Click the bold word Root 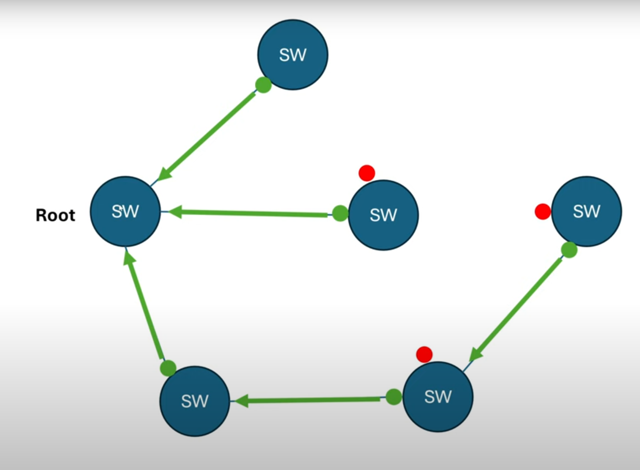[x=55, y=215]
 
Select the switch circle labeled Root [x=125, y=211]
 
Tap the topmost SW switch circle [x=292, y=55]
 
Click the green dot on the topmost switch [x=263, y=85]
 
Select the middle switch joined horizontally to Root [x=383, y=215]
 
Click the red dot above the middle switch [x=366, y=173]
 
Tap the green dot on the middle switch [x=340, y=213]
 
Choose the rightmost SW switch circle [x=586, y=211]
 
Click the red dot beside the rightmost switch [x=542, y=212]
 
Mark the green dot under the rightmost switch [x=569, y=249]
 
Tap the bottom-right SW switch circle [x=438, y=396]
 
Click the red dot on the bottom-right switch [x=424, y=354]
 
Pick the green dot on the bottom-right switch [x=394, y=397]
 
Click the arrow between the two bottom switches [x=310, y=401]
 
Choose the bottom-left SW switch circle [x=195, y=401]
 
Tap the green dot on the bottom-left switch [x=168, y=368]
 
